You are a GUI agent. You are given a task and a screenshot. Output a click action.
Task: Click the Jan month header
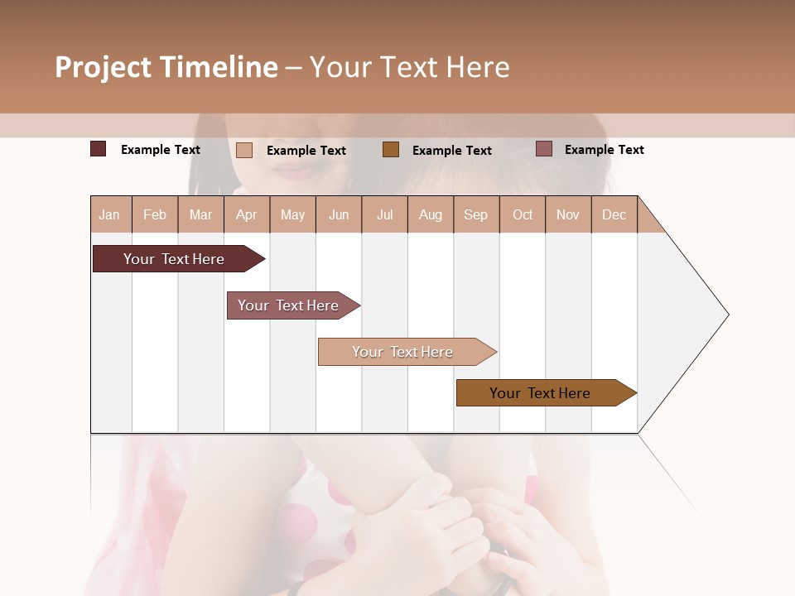(x=110, y=214)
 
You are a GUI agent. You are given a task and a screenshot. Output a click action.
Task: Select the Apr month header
(x=247, y=214)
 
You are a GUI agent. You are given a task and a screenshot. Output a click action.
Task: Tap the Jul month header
(x=384, y=214)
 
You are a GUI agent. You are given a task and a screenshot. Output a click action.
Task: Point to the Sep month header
(x=476, y=214)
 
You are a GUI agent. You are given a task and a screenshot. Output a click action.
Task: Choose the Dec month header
(x=614, y=214)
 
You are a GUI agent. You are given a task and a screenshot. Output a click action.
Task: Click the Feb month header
(x=155, y=214)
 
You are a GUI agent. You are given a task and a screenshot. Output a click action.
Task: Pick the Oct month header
(x=523, y=214)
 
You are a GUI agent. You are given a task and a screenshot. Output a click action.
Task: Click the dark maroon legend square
(x=98, y=149)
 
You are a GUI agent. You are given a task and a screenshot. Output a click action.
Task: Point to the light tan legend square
(x=244, y=150)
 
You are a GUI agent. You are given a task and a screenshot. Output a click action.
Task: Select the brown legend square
(x=391, y=149)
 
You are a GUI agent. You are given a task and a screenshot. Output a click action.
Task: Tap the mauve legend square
(x=544, y=149)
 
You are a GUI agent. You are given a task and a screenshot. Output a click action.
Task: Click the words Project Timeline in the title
(x=166, y=67)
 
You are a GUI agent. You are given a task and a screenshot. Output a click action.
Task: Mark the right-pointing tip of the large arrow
(x=726, y=314)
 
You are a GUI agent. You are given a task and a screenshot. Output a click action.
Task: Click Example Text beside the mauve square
(x=604, y=150)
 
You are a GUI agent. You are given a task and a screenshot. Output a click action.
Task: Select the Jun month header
(x=339, y=214)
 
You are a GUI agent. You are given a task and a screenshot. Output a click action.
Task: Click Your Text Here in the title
(x=409, y=67)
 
